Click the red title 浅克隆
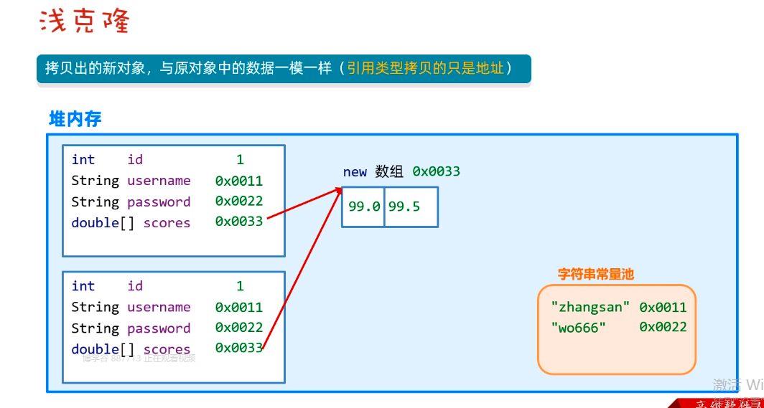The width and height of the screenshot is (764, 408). tap(84, 22)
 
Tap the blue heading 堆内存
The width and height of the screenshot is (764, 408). tap(75, 119)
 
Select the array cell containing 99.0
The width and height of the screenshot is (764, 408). tap(363, 207)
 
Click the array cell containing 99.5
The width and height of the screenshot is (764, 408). tap(404, 207)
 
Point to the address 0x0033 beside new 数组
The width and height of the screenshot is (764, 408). tap(436, 171)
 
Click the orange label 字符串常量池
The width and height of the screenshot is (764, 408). tap(596, 274)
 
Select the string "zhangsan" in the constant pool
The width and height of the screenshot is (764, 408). tap(590, 307)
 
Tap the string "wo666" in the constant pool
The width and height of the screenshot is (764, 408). tap(579, 327)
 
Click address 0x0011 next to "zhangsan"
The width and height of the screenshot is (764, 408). tap(663, 307)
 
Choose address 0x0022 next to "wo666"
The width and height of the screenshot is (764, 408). tap(663, 327)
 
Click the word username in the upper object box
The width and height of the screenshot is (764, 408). tap(159, 181)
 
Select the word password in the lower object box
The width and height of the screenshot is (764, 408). tap(159, 328)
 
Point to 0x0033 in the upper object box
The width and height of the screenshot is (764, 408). tap(238, 222)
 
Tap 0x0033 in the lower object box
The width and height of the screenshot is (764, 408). tap(238, 348)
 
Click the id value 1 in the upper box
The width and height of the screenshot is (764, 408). tap(240, 159)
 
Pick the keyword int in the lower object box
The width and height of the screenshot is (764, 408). tap(83, 286)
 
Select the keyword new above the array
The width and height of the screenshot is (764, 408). tap(355, 171)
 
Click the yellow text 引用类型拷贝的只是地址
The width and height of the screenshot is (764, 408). tap(425, 68)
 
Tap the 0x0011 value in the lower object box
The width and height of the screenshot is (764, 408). tap(238, 307)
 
